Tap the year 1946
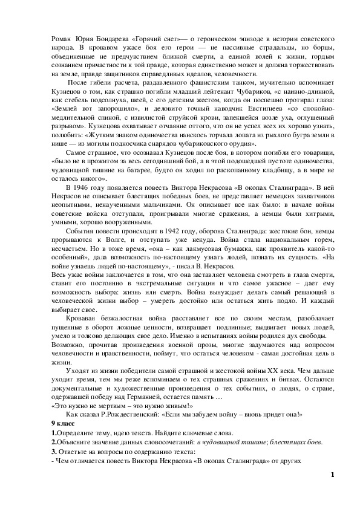[85, 187]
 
